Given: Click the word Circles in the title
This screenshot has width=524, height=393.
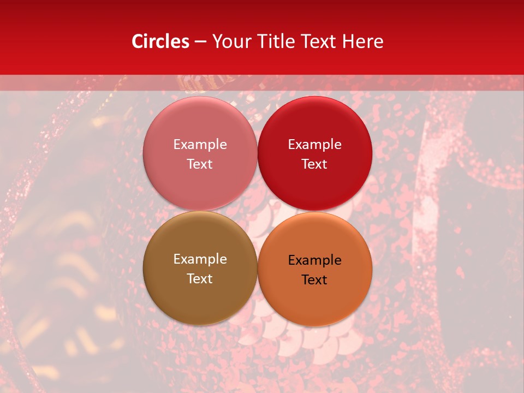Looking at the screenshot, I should click(x=160, y=41).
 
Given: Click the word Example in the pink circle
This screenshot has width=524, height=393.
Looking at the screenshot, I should click(x=200, y=145).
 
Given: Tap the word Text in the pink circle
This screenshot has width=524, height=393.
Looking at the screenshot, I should click(x=200, y=164).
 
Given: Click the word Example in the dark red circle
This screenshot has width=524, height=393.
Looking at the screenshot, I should click(x=315, y=145).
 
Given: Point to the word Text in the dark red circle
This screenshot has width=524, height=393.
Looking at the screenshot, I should click(x=315, y=164).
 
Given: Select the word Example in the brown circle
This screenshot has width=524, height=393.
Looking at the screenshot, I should click(x=200, y=259).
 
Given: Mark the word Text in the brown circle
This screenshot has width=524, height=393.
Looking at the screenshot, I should click(x=200, y=279).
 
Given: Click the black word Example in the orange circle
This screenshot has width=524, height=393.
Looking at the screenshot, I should click(x=315, y=260).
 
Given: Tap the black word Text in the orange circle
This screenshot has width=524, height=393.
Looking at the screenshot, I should click(x=315, y=280).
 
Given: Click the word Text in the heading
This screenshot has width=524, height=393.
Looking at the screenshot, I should click(x=317, y=41).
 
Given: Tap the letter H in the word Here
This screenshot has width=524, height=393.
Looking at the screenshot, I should click(x=348, y=41).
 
